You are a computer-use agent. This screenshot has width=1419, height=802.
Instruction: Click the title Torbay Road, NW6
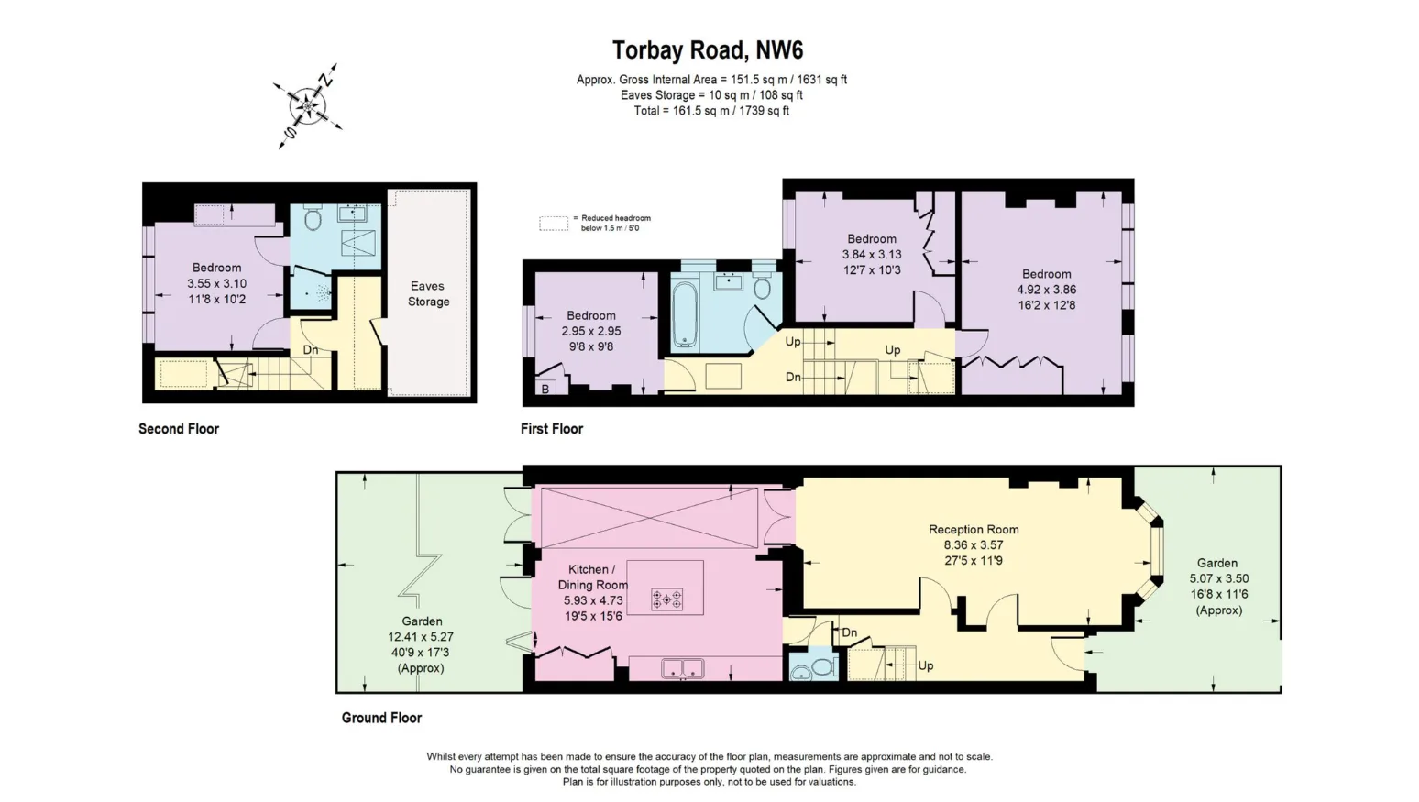[x=707, y=50]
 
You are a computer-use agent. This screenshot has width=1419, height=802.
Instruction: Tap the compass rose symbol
[x=308, y=106]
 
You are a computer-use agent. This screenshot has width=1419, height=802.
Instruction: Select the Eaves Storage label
[x=428, y=294]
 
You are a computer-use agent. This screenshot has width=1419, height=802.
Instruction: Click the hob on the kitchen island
[x=667, y=599]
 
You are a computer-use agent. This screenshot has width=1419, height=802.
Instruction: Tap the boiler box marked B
[x=545, y=389]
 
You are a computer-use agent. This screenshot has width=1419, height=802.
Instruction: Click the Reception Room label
[x=973, y=530]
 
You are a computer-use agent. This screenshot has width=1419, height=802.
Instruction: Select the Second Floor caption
[x=179, y=429]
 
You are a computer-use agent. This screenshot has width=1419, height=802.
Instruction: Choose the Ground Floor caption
[x=381, y=718]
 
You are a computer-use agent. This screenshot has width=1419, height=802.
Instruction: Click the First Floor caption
[x=552, y=429]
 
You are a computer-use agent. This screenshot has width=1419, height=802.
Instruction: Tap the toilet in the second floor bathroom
[x=312, y=217]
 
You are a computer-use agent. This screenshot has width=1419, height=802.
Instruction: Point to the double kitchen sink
[x=682, y=668]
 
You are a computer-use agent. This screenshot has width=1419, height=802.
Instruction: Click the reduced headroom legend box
[x=554, y=224]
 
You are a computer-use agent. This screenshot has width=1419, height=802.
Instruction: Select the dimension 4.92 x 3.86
[x=1047, y=290]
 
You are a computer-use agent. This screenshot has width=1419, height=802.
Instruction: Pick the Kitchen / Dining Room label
[x=592, y=577]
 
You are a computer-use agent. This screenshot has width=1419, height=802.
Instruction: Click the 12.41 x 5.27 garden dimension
[x=421, y=637]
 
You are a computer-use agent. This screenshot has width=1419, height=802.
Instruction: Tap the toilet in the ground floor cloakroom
[x=823, y=667]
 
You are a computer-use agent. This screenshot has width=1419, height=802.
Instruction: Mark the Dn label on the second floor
[x=311, y=350]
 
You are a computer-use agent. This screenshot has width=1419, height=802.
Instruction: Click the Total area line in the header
[x=711, y=111]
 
